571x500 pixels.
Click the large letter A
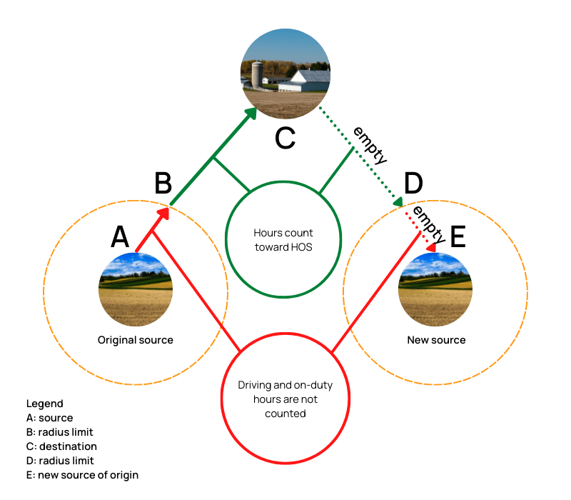[x=120, y=236]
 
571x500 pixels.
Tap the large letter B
[x=163, y=184]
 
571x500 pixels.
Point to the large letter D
[x=413, y=184]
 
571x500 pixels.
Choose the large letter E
[x=457, y=236]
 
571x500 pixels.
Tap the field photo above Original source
[x=136, y=289]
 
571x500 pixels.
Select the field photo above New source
[x=435, y=289]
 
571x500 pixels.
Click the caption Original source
[x=136, y=340]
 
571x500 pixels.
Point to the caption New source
[x=436, y=340]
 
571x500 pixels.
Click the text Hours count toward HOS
[x=283, y=240]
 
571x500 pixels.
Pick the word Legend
[x=44, y=404]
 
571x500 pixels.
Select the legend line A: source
[x=49, y=418]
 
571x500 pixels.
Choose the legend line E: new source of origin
[x=82, y=475]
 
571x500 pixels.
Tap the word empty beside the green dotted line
[x=369, y=145]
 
